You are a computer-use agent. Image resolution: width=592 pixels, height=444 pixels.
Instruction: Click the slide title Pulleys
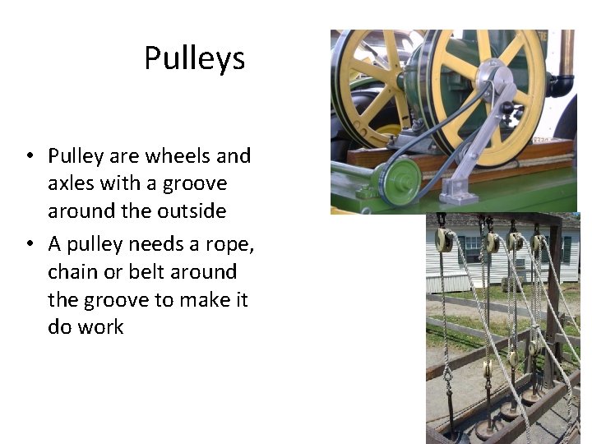pyautogui.click(x=194, y=58)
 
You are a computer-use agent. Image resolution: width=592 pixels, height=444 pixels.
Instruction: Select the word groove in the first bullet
pyautogui.click(x=197, y=183)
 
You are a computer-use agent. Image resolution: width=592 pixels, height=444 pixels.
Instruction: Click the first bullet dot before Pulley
pyautogui.click(x=30, y=156)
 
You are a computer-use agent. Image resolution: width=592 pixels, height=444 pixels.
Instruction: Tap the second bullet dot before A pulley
pyautogui.click(x=30, y=244)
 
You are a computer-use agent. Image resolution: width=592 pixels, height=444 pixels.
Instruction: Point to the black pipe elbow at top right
pyautogui.click(x=562, y=84)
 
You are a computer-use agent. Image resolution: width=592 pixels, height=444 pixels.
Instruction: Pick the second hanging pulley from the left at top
pyautogui.click(x=493, y=243)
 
